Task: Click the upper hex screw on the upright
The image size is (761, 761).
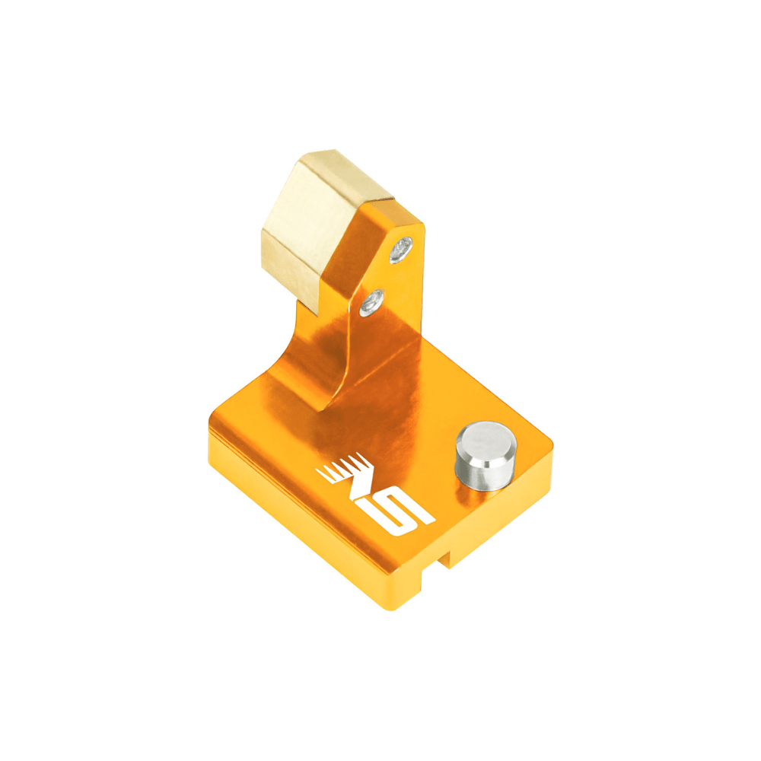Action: [x=401, y=250]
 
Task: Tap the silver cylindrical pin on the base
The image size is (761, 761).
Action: [x=485, y=457]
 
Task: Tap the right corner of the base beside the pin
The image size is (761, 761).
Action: [x=549, y=441]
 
